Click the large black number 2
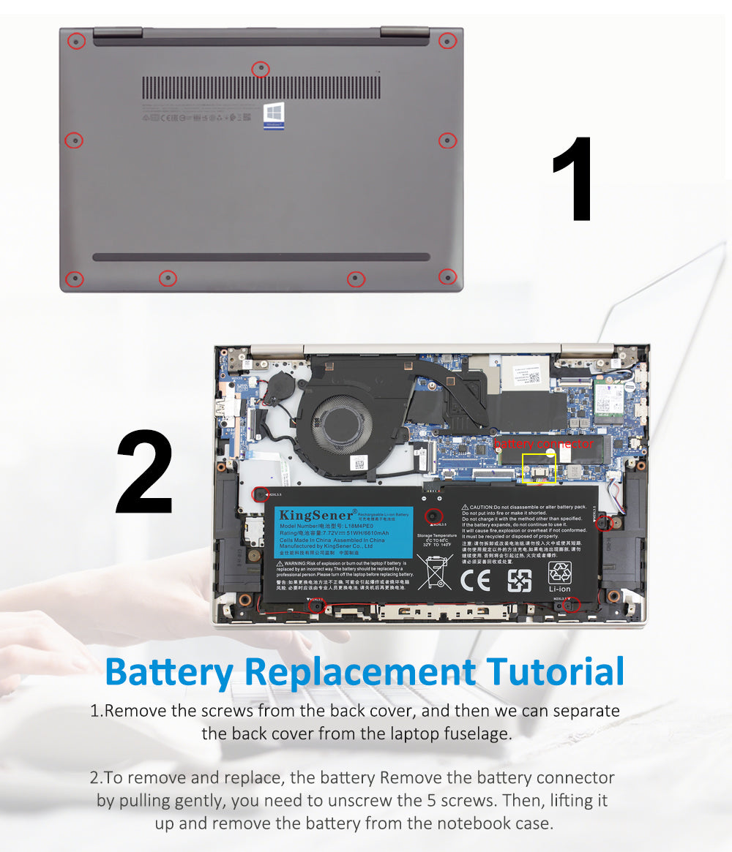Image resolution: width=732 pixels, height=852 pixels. [x=145, y=473]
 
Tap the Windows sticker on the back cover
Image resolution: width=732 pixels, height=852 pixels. [x=274, y=116]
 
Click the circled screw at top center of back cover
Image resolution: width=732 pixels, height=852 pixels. [x=261, y=69]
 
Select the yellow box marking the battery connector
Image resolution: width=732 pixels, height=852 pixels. [x=538, y=468]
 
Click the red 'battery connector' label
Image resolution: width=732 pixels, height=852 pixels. [x=543, y=444]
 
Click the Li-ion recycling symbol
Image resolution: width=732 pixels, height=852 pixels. [x=560, y=573]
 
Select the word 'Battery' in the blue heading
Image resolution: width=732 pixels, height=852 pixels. [x=169, y=672]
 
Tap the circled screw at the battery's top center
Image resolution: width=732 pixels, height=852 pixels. [x=434, y=516]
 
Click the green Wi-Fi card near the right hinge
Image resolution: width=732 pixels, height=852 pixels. [x=609, y=399]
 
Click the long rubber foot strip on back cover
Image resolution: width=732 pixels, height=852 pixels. [x=261, y=257]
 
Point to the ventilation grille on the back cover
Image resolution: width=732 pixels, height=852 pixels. [x=261, y=88]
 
